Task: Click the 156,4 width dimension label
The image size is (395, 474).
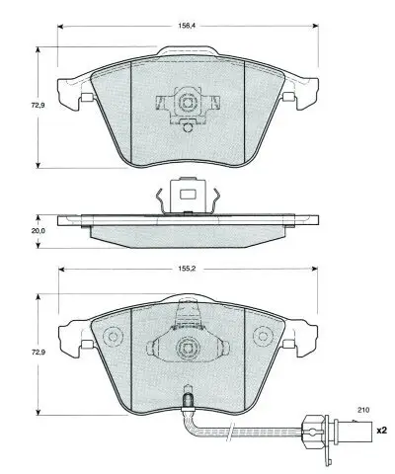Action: point(187,26)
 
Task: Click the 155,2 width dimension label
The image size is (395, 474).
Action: point(187,269)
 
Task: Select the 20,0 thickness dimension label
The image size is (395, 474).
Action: point(39,231)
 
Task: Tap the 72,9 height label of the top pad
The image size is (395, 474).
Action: point(39,106)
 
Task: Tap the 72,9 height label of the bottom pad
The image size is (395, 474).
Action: point(39,352)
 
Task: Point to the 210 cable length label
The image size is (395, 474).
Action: point(363,410)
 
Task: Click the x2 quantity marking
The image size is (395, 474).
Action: point(381,431)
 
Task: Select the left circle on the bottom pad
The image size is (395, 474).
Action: point(113,337)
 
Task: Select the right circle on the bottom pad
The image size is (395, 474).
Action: point(263,337)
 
